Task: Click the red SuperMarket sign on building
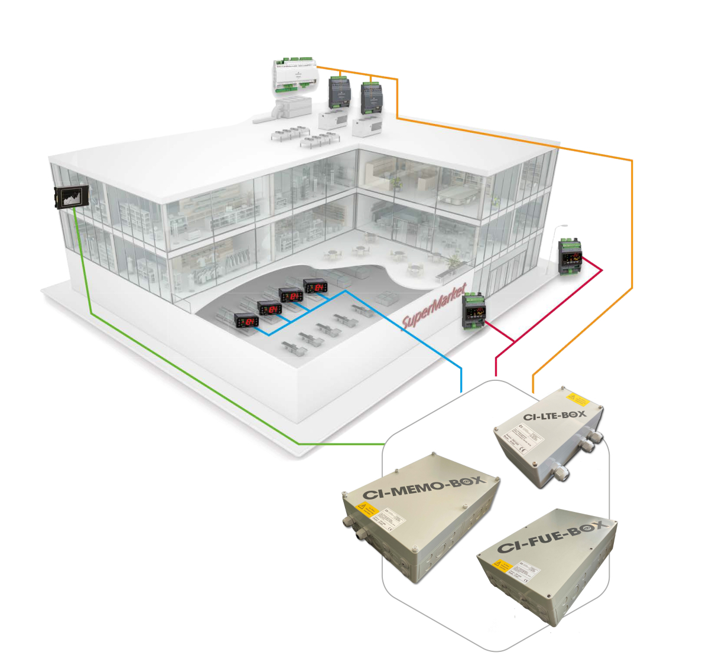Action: coord(434,311)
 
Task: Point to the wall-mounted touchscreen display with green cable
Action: coord(71,196)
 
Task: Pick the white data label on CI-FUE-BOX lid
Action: coord(525,569)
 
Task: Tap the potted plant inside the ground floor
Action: coord(454,260)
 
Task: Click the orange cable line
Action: coord(632,236)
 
